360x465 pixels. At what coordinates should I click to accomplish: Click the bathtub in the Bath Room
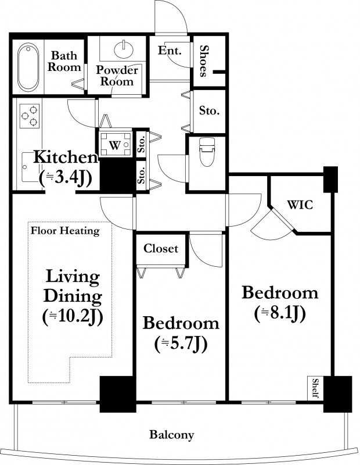(28, 67)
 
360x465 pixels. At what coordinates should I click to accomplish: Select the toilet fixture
(207, 152)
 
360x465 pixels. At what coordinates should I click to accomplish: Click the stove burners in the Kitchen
(30, 116)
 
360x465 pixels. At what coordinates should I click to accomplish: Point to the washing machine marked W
(115, 145)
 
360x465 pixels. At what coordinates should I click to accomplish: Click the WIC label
(300, 205)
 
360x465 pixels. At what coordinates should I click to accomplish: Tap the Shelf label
(315, 388)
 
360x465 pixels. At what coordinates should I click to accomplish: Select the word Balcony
(171, 435)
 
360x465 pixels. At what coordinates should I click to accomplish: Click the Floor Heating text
(65, 231)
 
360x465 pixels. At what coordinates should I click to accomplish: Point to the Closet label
(161, 248)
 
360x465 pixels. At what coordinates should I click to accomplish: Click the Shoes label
(203, 61)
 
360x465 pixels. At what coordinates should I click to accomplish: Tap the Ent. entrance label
(169, 50)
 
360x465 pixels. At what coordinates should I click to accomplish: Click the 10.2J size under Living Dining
(73, 317)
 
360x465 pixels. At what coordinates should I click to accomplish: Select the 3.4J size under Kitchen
(65, 178)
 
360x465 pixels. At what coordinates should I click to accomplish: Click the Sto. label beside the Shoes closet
(209, 111)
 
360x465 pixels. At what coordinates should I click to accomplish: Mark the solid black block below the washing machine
(117, 176)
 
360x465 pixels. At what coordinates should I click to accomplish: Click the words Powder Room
(117, 76)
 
